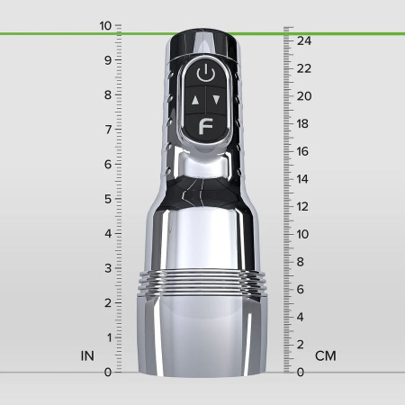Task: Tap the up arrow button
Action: click(194, 100)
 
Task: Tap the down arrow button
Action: click(217, 100)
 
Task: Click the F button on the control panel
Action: click(206, 127)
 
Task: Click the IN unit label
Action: click(87, 355)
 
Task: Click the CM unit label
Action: click(326, 355)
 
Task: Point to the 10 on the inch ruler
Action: click(105, 26)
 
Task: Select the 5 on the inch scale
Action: click(108, 199)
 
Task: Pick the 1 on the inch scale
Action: click(109, 337)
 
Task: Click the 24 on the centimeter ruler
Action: click(304, 40)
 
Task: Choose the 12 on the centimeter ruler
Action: click(302, 207)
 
